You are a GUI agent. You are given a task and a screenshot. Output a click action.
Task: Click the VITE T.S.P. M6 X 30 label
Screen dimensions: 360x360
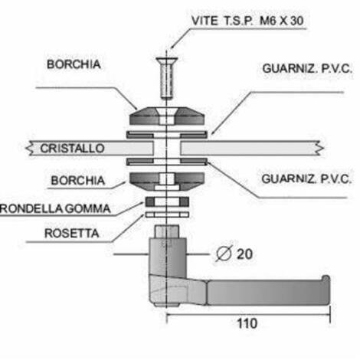pyautogui.click(x=247, y=21)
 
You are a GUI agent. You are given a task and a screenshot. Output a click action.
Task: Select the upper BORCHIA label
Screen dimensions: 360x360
pyautogui.click(x=74, y=64)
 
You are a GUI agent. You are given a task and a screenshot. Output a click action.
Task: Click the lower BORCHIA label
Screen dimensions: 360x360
pyautogui.click(x=78, y=181)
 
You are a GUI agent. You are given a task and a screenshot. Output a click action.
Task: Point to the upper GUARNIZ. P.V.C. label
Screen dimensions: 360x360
pyautogui.click(x=307, y=68)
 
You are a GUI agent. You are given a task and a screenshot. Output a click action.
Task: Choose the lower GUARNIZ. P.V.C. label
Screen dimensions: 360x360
pyautogui.click(x=306, y=179)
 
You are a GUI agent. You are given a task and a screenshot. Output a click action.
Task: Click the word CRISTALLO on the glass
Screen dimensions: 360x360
pyautogui.click(x=72, y=149)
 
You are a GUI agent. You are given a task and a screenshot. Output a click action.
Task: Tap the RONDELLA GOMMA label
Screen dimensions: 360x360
pyautogui.click(x=55, y=208)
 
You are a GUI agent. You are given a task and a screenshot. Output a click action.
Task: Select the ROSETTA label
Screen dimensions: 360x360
pyautogui.click(x=72, y=234)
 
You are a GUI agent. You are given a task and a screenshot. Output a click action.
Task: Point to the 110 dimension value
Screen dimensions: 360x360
pyautogui.click(x=247, y=323)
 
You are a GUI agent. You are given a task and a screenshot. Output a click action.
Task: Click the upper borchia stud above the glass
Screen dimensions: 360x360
pyautogui.click(x=167, y=116)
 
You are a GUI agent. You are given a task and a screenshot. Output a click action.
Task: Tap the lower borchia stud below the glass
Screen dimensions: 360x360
pyautogui.click(x=167, y=182)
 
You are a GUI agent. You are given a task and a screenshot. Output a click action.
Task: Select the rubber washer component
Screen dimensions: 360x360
pyautogui.click(x=167, y=201)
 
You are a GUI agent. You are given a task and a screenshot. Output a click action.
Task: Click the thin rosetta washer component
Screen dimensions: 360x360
pyautogui.click(x=167, y=214)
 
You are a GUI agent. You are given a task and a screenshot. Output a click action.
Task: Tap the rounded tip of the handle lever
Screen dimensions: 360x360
pyautogui.click(x=326, y=278)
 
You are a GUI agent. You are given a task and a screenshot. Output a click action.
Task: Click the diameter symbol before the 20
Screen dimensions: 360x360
pyautogui.click(x=224, y=254)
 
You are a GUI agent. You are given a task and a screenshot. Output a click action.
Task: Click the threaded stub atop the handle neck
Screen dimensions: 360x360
pyautogui.click(x=167, y=231)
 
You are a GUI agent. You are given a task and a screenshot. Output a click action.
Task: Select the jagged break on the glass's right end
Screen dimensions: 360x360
pyautogui.click(x=319, y=148)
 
